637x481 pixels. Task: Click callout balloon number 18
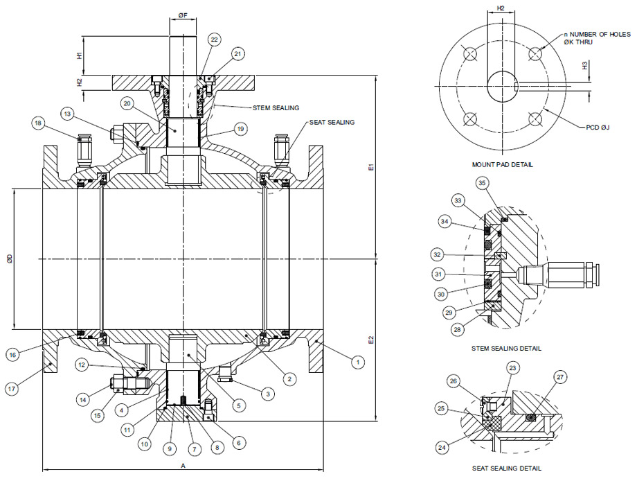[37, 123]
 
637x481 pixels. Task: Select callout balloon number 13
[67, 113]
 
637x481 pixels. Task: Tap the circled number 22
[214, 40]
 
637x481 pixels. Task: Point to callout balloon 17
[12, 388]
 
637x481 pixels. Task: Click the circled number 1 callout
[358, 362]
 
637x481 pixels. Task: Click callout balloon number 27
[559, 376]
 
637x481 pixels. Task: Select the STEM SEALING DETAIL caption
[506, 348]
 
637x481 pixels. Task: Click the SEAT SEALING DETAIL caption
[506, 469]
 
